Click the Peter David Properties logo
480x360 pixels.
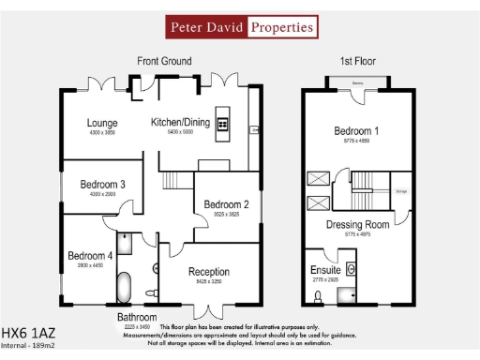[x=240, y=27]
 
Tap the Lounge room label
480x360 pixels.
[x=101, y=123]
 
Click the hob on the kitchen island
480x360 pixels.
[x=223, y=124]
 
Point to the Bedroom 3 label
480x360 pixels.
[x=102, y=184]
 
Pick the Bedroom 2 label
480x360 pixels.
[x=226, y=204]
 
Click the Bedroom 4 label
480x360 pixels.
[x=90, y=255]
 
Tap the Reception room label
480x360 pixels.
[x=209, y=272]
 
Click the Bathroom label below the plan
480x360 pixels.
[x=137, y=318]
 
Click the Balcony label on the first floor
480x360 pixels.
[x=357, y=82]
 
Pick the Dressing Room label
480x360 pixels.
[x=357, y=225]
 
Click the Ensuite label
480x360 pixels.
[x=325, y=270]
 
